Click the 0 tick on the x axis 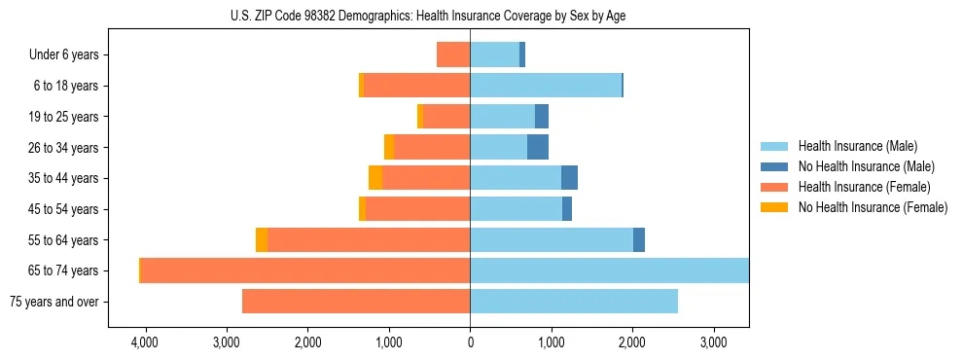[470, 342]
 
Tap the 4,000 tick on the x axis [145, 342]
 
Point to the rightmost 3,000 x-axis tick [714, 342]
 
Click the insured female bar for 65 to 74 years [305, 270]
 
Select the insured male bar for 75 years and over [574, 302]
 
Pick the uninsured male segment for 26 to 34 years [538, 147]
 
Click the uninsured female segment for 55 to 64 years [262, 239]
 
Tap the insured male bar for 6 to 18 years [546, 86]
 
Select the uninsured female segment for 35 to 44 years [375, 178]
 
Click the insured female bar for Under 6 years [453, 54]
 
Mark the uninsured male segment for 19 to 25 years [542, 117]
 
